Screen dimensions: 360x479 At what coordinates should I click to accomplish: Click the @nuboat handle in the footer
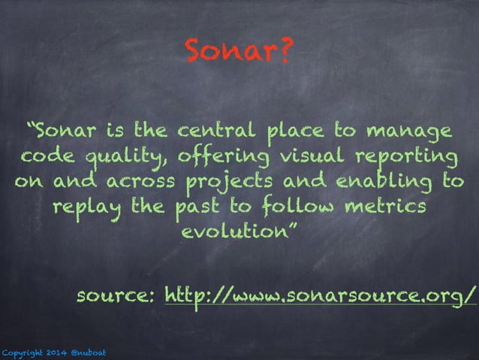coord(89,352)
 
